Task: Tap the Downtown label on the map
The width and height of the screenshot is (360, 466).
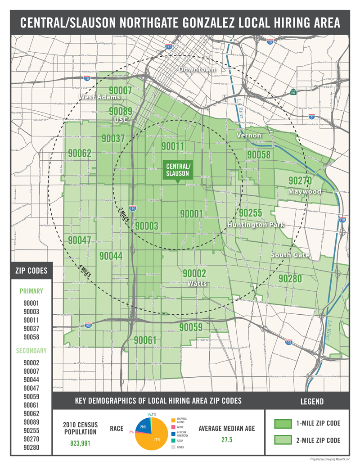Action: pos(197,69)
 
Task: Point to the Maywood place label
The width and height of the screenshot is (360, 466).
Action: pos(306,191)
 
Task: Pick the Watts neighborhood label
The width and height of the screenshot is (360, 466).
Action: pos(194,284)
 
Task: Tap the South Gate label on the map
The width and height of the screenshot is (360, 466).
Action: pos(290,255)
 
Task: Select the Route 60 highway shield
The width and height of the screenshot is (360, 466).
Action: pos(293,92)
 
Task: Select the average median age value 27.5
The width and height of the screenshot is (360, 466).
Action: pos(226,440)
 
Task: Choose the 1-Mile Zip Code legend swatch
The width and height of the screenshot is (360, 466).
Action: pos(284,423)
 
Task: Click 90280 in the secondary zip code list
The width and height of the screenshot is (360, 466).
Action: pos(31,448)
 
